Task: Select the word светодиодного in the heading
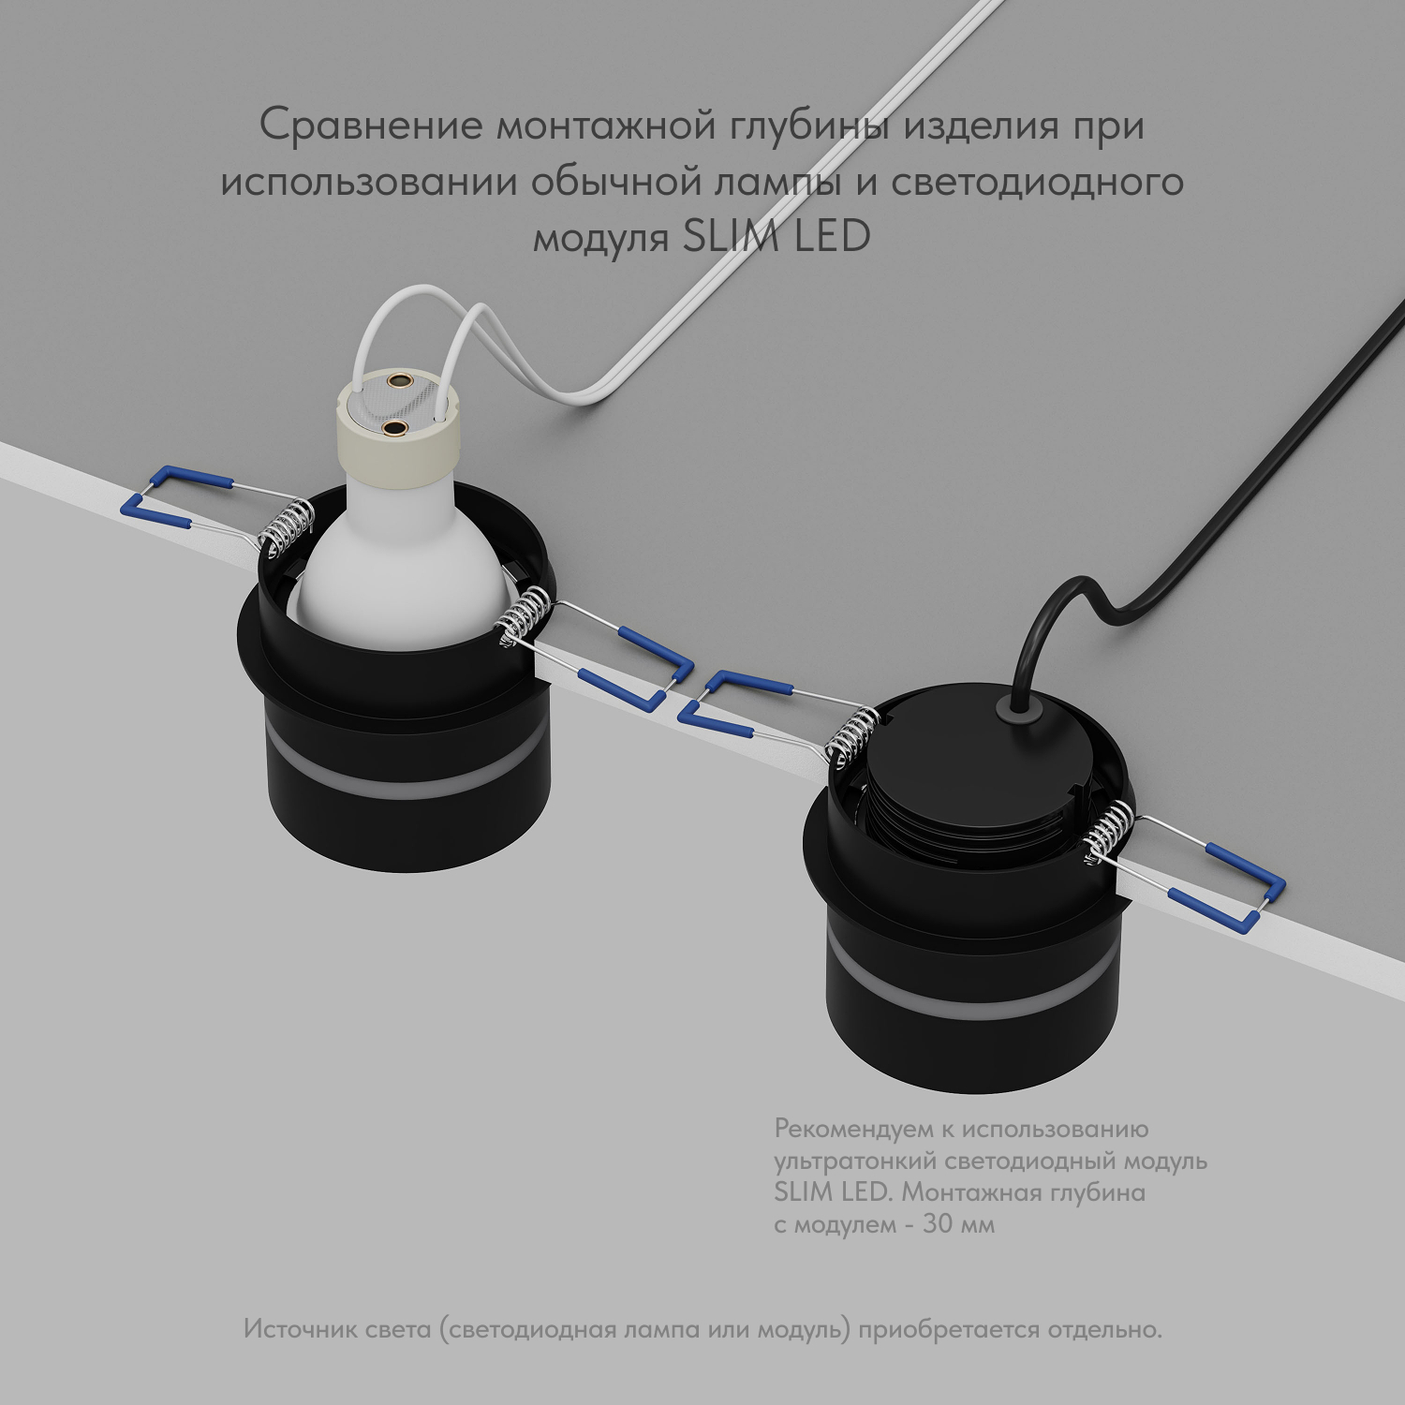[x=1037, y=181]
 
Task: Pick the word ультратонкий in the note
[x=855, y=1161]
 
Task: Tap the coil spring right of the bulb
[x=520, y=614]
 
